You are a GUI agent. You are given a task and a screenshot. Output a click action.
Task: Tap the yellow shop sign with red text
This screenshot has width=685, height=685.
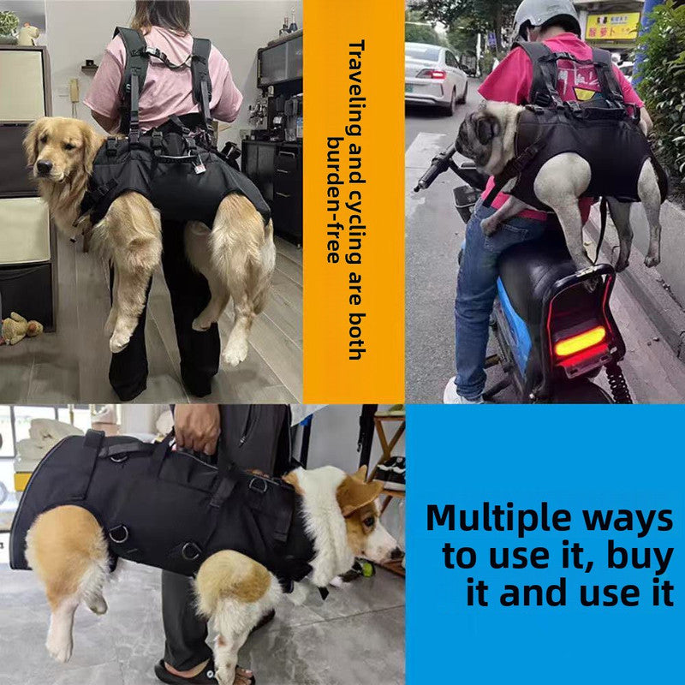pos(612,26)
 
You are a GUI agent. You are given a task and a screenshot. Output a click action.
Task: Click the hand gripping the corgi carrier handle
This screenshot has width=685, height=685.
pos(197,428)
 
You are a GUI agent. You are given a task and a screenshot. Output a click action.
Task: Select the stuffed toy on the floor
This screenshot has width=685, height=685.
pos(19,328)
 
